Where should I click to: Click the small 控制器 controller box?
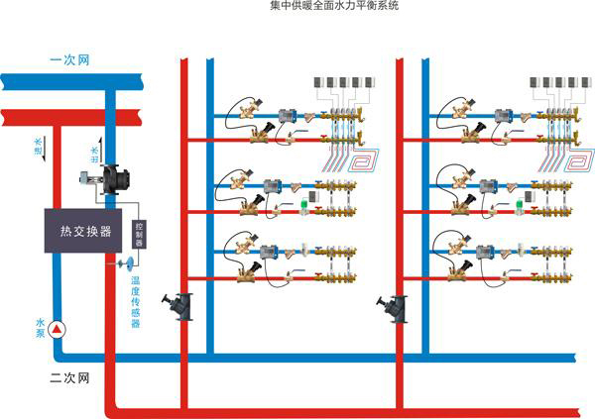pyautogui.click(x=140, y=237)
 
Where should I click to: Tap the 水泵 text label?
pyautogui.click(x=41, y=328)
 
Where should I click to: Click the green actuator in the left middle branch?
pyautogui.click(x=305, y=206)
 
